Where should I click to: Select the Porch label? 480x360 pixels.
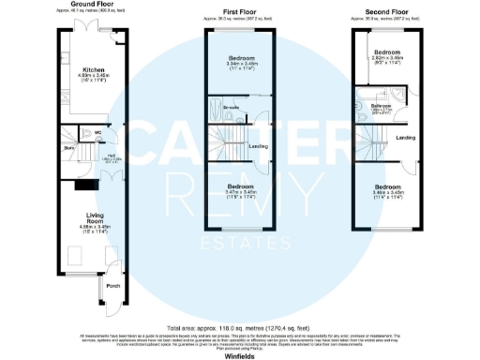[112, 286]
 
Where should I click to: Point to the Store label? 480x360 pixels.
[68, 148]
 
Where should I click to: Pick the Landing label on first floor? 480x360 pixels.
[257, 146]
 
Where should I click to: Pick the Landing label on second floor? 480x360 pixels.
[406, 139]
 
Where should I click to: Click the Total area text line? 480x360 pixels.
[240, 327]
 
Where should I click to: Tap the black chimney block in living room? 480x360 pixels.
[68, 189]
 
